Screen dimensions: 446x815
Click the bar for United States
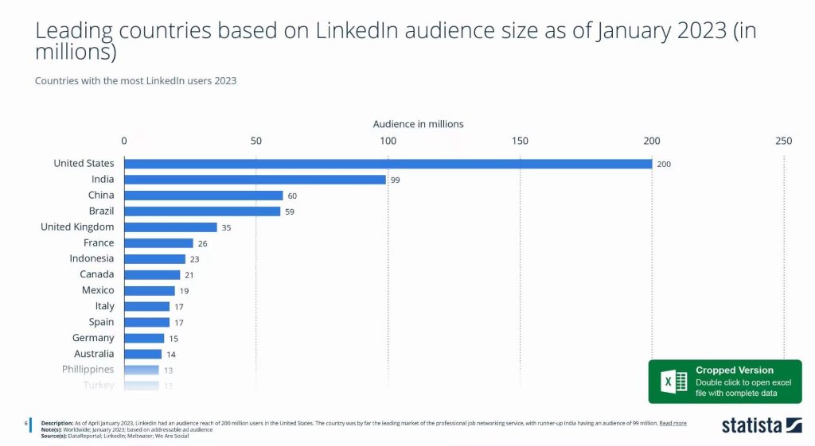[388, 164]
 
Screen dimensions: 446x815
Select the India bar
[255, 180]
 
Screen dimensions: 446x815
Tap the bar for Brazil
[202, 211]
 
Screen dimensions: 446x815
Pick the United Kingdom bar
[170, 227]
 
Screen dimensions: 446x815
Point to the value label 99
[395, 180]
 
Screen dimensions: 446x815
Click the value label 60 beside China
[292, 196]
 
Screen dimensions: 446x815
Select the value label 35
[226, 227]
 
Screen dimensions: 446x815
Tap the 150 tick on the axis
[520, 141]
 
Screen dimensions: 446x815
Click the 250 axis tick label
[783, 141]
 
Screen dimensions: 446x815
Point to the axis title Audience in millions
[418, 124]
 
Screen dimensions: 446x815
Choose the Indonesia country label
[92, 258]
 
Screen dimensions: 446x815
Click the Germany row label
[93, 338]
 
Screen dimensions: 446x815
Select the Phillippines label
[88, 370]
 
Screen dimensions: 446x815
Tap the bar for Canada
[152, 275]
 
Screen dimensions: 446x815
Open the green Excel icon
[670, 382]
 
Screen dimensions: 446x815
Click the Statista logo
[762, 425]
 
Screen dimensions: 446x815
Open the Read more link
[673, 423]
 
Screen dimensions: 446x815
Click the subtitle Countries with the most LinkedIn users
[135, 80]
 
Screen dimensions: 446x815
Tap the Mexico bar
[150, 291]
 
